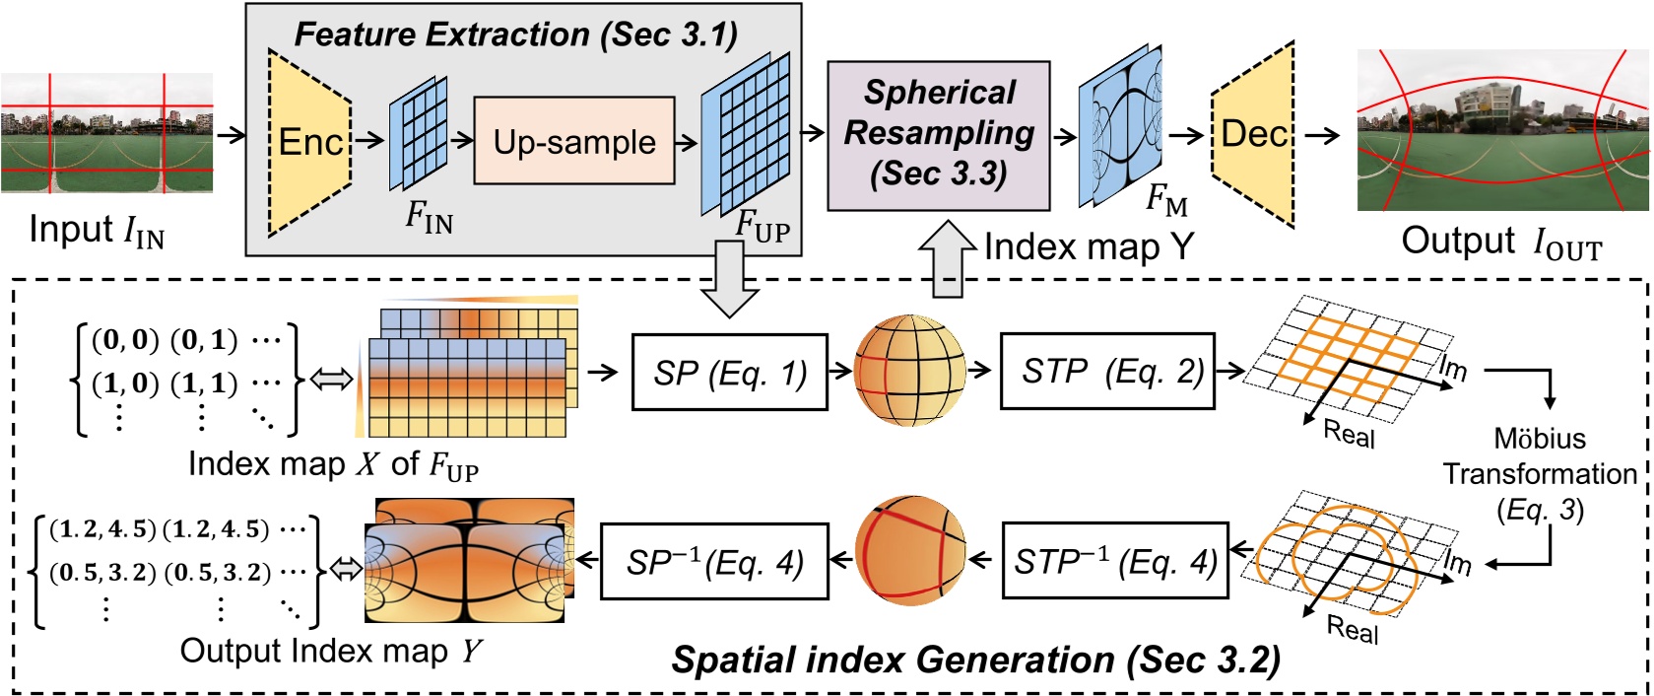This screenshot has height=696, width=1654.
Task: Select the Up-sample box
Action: coord(574,141)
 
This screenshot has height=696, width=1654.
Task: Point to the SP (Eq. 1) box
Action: coord(729,373)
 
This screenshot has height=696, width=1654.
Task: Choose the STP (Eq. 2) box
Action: coord(1106,371)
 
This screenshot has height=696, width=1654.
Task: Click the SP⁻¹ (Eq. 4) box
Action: coord(714,562)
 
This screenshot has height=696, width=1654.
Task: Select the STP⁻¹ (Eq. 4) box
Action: coord(1115,561)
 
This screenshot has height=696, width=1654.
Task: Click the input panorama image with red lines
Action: coord(106,133)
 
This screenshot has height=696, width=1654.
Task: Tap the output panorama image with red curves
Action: coord(1502,130)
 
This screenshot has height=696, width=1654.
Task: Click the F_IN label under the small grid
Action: coord(430,217)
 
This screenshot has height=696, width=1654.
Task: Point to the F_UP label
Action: coord(762,226)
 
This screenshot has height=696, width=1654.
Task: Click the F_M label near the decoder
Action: coord(1166,200)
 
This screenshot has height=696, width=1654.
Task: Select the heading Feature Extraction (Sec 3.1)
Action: coord(516,35)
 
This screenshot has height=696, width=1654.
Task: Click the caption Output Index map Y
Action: coord(331,651)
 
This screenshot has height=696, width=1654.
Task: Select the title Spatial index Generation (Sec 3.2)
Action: coord(975,660)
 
